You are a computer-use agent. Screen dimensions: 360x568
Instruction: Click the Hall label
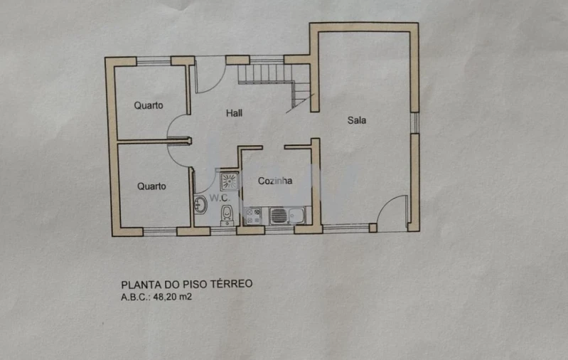click(235, 113)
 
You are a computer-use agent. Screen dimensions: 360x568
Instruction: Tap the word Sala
click(357, 120)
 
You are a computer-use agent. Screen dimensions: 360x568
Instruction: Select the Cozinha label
click(275, 181)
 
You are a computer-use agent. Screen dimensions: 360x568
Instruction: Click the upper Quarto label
click(149, 105)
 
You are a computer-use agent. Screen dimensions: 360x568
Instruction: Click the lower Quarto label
click(151, 186)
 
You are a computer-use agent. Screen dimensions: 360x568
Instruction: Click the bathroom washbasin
click(200, 206)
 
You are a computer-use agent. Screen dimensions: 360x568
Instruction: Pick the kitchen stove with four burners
click(253, 215)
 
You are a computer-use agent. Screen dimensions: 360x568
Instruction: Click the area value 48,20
click(165, 297)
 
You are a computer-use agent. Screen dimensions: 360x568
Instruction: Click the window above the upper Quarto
click(154, 60)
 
